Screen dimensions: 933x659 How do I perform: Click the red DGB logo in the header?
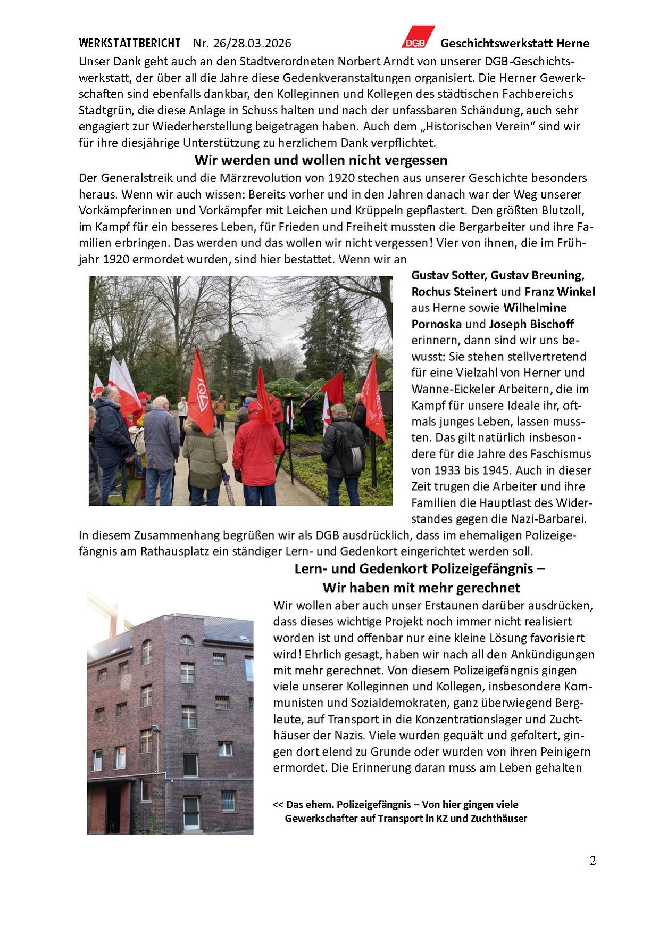pos(418,37)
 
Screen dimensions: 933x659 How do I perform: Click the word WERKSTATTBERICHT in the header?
pos(129,43)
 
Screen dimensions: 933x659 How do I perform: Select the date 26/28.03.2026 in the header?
pos(252,43)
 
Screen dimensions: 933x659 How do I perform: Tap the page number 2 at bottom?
pos(593,861)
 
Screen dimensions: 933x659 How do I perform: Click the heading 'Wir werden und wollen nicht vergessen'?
pos(321,160)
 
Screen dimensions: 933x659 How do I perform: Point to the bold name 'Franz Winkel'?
pos(560,292)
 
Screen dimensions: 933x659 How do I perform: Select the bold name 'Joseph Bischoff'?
pos(531,324)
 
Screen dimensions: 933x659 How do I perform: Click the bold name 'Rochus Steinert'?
pos(454,292)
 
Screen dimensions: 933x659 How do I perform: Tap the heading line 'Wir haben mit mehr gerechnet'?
pos(421,588)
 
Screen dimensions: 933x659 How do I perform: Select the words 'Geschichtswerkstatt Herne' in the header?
pos(514,43)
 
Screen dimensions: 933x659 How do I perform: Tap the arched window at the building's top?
pos(186,639)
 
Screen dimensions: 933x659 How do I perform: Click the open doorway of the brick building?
pos(113,808)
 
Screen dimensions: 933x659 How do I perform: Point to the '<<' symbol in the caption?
pos(278,804)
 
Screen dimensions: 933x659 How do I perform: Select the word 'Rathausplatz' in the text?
pos(174,551)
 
